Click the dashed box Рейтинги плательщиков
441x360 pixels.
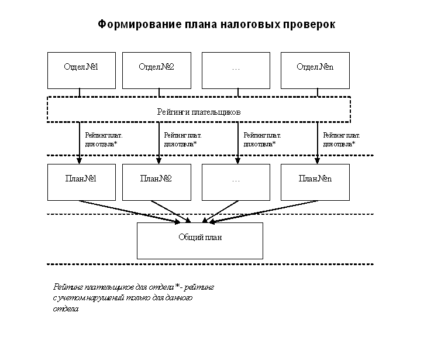click(x=198, y=109)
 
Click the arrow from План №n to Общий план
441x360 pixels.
click(x=263, y=211)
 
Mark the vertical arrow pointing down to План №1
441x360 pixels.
click(x=79, y=143)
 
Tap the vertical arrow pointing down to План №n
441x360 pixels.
click(x=318, y=143)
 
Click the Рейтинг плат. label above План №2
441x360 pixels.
click(x=183, y=135)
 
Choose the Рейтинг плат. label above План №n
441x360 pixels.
click(x=342, y=135)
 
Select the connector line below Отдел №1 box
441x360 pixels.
click(x=80, y=92)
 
